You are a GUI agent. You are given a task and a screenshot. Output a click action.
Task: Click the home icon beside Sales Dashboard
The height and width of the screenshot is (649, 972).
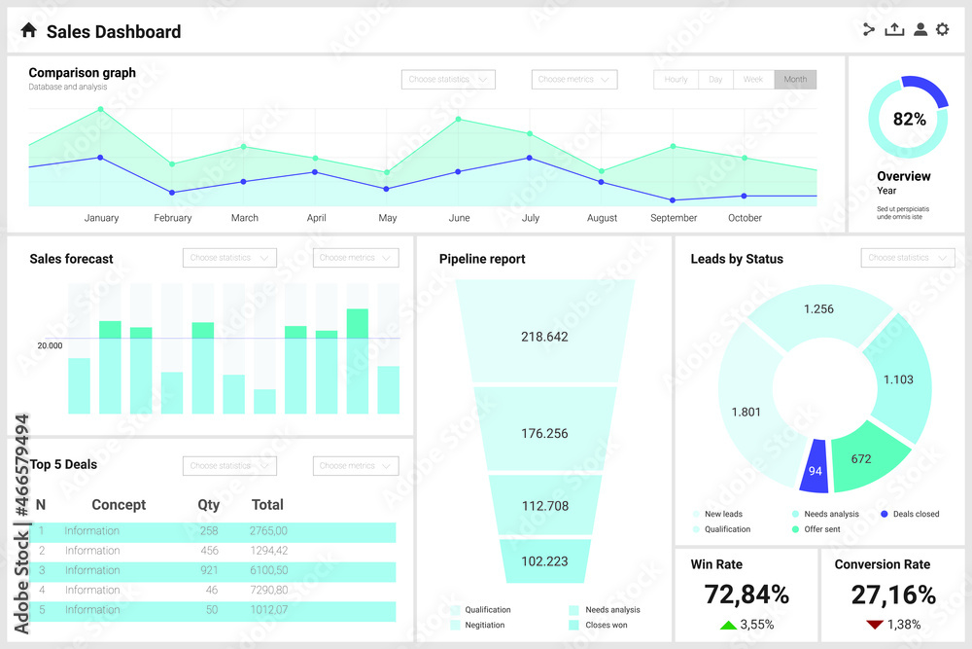coord(28,31)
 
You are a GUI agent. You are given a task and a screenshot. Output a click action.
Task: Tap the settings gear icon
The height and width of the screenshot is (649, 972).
coord(942,29)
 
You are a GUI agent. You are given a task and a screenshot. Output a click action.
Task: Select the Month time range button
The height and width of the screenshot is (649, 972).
coord(795,80)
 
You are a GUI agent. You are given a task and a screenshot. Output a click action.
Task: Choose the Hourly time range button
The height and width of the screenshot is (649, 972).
coord(676,80)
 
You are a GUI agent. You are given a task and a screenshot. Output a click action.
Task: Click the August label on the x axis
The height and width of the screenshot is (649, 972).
coord(602,218)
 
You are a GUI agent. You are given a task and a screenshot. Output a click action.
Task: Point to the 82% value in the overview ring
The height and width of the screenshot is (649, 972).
coord(909,120)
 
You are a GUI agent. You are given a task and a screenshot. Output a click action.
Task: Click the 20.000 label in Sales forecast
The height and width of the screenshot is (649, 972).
coord(50,345)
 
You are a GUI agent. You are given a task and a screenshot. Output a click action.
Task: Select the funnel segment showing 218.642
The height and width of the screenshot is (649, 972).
coord(544,337)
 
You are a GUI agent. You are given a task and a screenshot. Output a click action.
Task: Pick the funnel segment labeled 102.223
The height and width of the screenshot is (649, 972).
coord(544,561)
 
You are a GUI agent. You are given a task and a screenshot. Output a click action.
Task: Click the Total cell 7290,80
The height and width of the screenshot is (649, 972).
coord(268,590)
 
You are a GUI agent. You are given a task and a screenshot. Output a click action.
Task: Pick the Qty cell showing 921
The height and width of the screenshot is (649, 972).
coord(208,570)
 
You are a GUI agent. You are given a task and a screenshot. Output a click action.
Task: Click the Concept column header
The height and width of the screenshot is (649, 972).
coord(119,505)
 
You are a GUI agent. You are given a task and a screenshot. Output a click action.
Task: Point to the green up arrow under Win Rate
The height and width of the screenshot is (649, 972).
coord(727,625)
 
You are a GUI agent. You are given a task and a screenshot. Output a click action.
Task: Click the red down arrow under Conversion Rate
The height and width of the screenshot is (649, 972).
coord(874,625)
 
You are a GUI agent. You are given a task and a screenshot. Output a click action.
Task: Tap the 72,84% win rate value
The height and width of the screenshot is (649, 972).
coord(746,595)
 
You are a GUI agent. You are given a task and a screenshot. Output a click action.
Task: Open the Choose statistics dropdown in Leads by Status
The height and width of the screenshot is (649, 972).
coord(908,258)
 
